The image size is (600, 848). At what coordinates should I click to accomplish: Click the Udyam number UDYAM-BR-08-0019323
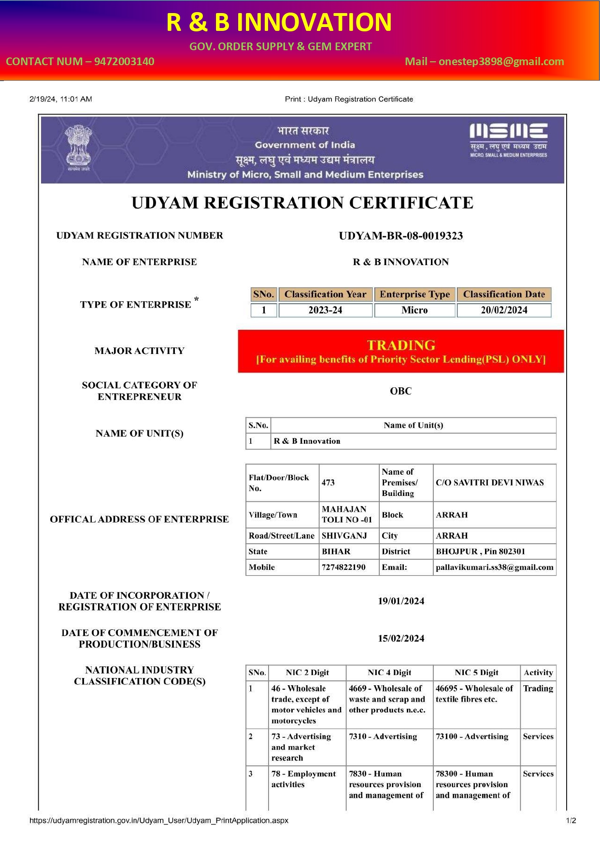[400, 236]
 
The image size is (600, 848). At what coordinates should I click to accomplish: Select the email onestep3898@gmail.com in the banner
[501, 61]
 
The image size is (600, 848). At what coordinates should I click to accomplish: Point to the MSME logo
[508, 140]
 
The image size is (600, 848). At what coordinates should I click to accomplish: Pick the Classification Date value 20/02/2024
[504, 310]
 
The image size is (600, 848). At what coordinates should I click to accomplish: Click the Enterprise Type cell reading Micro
[414, 310]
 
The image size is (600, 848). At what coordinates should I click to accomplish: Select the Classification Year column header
[325, 294]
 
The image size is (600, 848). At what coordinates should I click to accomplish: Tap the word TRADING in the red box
[401, 345]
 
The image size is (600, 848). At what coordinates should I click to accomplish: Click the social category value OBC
[400, 391]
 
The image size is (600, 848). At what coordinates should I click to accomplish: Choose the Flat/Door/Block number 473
[329, 482]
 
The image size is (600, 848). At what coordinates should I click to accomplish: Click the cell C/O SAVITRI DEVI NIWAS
[489, 482]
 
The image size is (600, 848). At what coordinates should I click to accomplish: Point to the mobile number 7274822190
[343, 567]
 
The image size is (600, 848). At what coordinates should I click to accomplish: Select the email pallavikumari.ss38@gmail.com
[494, 567]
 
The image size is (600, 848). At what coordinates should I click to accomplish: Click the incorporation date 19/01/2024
[401, 601]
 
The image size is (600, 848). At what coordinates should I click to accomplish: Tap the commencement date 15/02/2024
[401, 638]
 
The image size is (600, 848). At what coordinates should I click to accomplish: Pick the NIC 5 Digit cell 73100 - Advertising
[472, 736]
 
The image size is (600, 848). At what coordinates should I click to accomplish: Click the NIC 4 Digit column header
[389, 673]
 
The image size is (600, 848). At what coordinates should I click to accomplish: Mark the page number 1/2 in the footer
[571, 820]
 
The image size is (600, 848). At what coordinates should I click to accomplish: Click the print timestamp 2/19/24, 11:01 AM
[61, 99]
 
